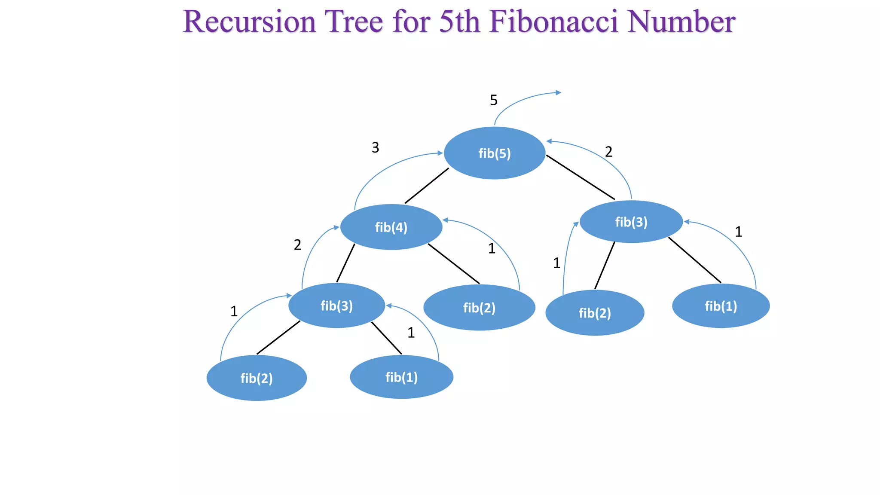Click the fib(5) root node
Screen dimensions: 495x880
tap(495, 153)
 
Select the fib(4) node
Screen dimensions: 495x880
tap(391, 227)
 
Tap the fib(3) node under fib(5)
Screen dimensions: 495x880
tap(631, 222)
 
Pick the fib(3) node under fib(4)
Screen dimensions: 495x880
tap(336, 306)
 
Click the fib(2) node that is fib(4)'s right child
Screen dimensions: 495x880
tap(479, 308)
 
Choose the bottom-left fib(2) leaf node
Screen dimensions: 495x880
tap(257, 378)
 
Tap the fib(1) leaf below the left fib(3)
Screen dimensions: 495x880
tap(401, 377)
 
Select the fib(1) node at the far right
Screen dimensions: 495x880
tap(721, 306)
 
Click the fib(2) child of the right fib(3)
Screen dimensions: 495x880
tap(595, 313)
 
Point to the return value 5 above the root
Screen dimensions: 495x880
tap(494, 100)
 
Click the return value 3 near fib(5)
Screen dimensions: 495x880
tap(375, 147)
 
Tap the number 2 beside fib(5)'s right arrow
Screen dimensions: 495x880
tap(608, 152)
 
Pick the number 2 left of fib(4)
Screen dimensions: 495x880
tap(297, 245)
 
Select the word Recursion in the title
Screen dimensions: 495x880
tap(249, 21)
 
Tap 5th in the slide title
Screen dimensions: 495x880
tap(459, 21)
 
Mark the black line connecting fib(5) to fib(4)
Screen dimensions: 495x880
tap(427, 186)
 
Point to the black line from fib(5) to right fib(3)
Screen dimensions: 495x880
tap(580, 177)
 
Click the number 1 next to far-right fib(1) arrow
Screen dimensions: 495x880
tap(738, 232)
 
